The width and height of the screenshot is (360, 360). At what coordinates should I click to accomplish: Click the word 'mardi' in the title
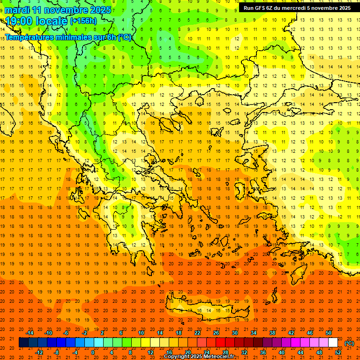(17, 10)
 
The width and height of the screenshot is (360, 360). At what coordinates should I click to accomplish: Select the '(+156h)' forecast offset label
(84, 21)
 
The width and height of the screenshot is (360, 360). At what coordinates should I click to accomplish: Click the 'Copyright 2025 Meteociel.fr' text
(199, 356)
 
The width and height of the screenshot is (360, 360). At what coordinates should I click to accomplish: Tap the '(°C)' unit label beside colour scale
(349, 343)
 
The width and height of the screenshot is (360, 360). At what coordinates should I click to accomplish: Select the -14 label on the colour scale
(30, 333)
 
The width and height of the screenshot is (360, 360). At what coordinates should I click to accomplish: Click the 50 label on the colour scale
(328, 333)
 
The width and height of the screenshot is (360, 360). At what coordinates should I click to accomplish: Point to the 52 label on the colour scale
(337, 352)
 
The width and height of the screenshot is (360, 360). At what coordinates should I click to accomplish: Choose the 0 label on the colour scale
(92, 352)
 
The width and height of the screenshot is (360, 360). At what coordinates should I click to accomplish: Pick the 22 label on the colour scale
(197, 333)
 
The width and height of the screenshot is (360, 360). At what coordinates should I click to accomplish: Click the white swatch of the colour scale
(333, 343)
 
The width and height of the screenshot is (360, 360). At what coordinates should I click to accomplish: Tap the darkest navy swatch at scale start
(23, 343)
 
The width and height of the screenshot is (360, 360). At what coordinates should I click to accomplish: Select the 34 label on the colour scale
(254, 333)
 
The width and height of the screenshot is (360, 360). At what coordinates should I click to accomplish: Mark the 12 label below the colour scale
(150, 352)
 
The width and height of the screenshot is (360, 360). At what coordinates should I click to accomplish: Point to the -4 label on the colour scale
(75, 352)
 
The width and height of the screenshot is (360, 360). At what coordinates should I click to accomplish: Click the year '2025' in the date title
(100, 10)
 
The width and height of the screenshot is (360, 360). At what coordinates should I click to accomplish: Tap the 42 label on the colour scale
(291, 333)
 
